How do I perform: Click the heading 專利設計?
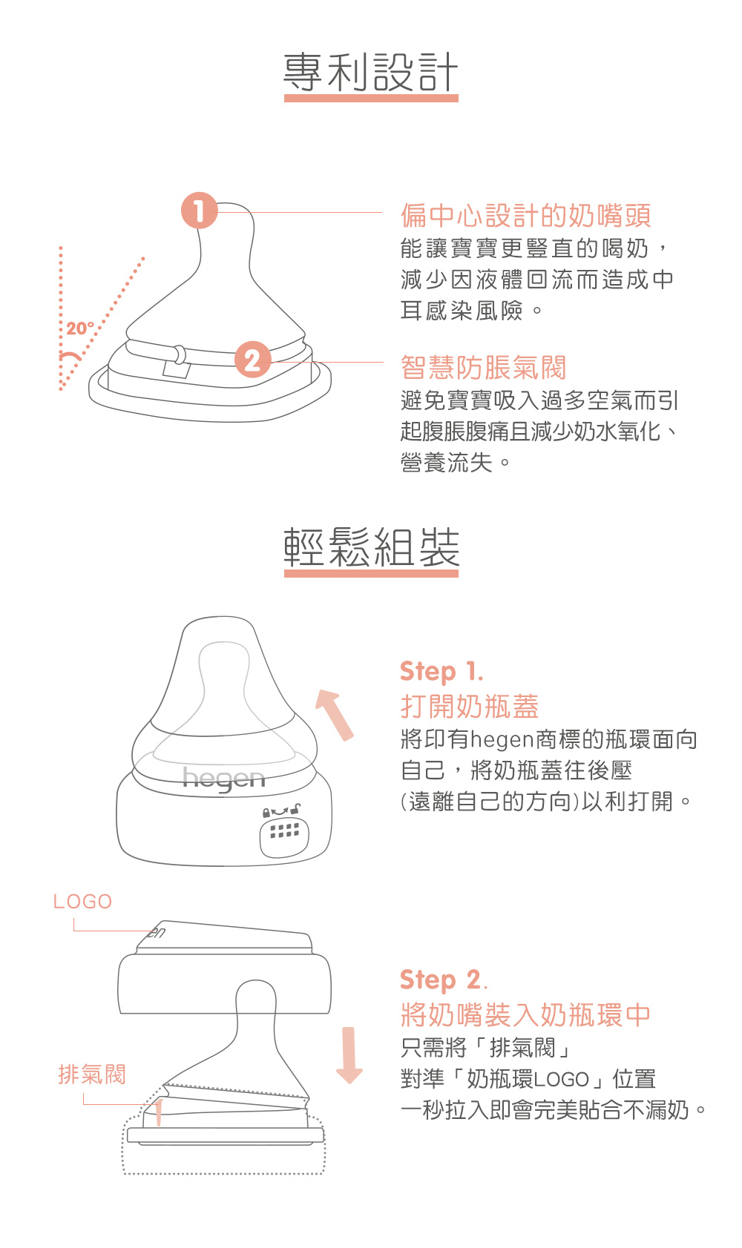pos(371,72)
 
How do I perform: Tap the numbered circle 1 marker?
pos(199,211)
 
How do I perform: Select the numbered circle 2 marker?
pos(252,360)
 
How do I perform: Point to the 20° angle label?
pos(79,328)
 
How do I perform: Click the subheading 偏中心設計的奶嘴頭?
pos(525,216)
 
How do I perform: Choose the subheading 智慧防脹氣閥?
pos(483,368)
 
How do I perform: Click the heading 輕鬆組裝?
pos(371,547)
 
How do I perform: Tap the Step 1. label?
pos(441,672)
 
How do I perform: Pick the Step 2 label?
pos(444,980)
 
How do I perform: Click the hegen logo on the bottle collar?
pos(223,779)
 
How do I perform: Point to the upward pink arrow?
pos(335,715)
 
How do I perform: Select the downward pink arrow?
pos(349,1055)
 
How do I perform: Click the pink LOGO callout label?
pos(82,902)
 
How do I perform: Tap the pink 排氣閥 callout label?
pos(92,1074)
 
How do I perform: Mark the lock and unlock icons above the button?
pos(281,810)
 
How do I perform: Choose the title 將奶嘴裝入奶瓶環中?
pos(525,1014)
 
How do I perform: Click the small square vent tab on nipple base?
pos(177,369)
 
